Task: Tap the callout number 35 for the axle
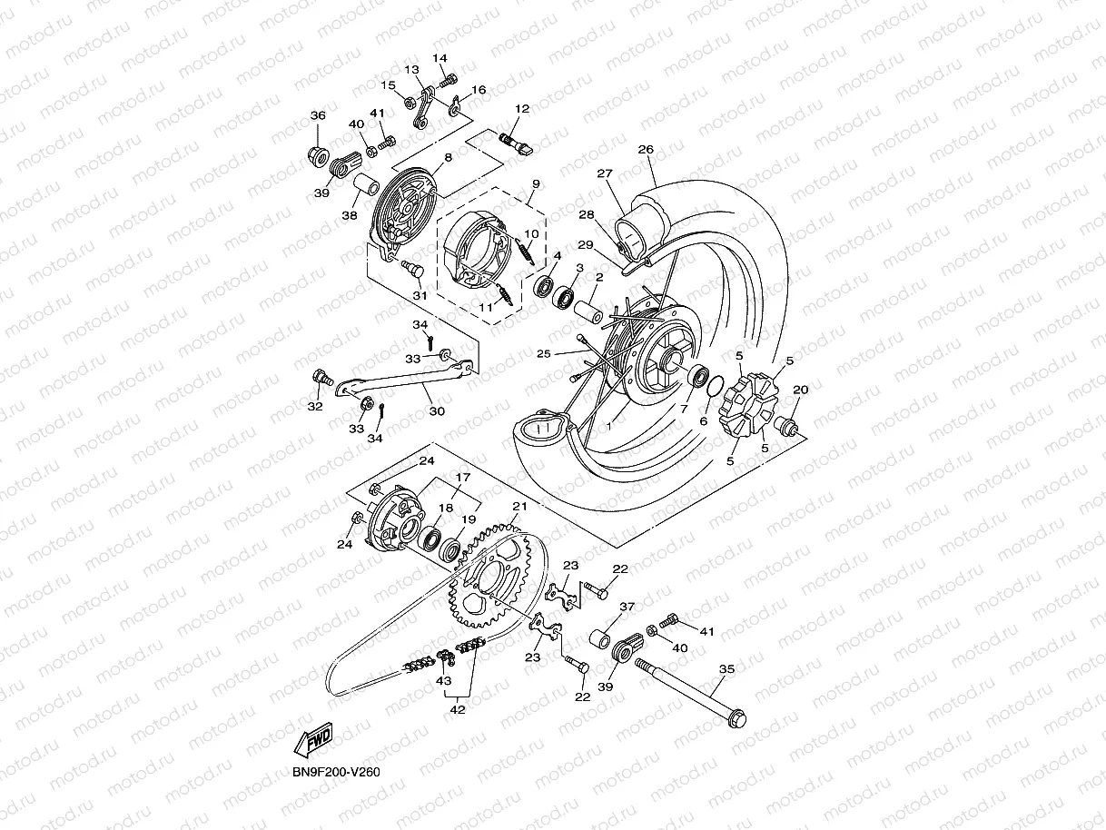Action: (x=726, y=670)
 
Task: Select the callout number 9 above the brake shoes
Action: (x=535, y=183)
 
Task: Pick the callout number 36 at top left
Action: (x=318, y=115)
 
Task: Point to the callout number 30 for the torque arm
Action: (x=437, y=411)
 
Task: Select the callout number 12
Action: (x=521, y=109)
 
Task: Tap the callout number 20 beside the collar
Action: (x=800, y=390)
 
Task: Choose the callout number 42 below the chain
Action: (x=458, y=709)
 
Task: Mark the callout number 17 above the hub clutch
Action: (x=462, y=477)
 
